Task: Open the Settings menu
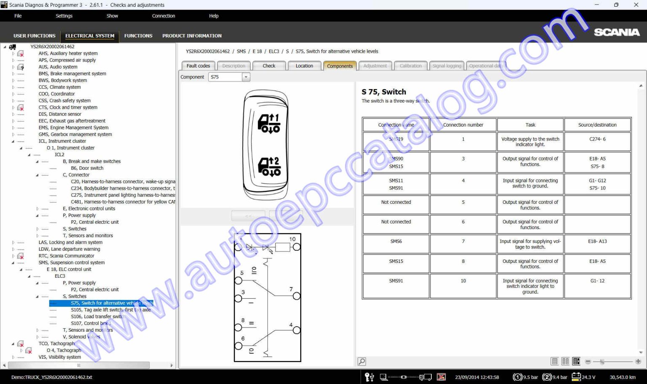point(64,16)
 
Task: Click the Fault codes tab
point(198,66)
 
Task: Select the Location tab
point(304,66)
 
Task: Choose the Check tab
point(269,66)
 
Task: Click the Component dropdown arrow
point(246,77)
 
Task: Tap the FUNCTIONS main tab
point(138,36)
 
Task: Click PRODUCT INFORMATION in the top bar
point(192,36)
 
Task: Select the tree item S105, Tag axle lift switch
point(110,310)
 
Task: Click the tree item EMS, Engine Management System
point(73,127)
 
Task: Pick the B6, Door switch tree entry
point(87,168)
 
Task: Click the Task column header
point(530,125)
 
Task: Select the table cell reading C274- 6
point(597,139)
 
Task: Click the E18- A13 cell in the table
point(597,241)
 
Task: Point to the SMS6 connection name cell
point(396,241)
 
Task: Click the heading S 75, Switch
point(384,92)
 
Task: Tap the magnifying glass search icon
point(361,362)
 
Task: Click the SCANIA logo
point(617,32)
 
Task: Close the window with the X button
point(636,5)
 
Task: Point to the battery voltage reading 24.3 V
point(588,377)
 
